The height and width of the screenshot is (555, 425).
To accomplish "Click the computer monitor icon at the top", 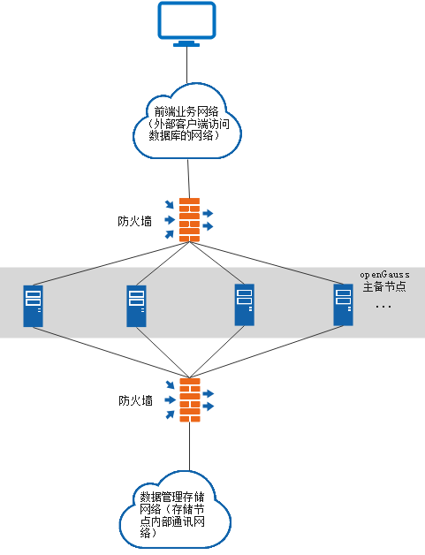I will [x=186, y=21].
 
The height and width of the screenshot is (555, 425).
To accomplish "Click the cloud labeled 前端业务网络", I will [x=186, y=120].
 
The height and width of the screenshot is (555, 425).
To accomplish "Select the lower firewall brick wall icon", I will [x=189, y=400].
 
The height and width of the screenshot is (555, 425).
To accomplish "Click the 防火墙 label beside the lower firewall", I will [x=136, y=400].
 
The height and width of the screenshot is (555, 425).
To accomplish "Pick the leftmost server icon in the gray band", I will [x=33, y=306].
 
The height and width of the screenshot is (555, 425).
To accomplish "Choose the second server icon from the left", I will [x=136, y=306].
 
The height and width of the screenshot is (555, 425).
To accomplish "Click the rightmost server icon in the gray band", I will [x=343, y=306].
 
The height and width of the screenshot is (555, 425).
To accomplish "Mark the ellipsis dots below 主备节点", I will [x=383, y=307].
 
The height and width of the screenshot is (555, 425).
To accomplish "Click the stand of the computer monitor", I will [x=186, y=42].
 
